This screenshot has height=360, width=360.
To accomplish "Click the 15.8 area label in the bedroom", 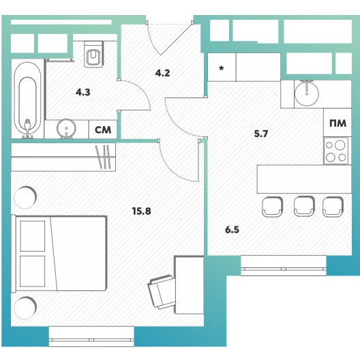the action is [x=141, y=211].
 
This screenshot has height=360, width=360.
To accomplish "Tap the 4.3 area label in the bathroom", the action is [x=83, y=92].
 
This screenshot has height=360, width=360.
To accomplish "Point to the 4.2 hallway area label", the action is [x=162, y=73].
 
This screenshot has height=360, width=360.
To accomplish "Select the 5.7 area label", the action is [x=261, y=134].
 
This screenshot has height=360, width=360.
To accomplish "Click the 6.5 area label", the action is [x=232, y=230].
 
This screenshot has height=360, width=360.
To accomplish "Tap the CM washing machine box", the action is [x=103, y=130].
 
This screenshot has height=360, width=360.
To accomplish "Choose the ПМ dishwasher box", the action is [x=337, y=123].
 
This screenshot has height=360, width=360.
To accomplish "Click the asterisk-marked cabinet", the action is [x=222, y=67].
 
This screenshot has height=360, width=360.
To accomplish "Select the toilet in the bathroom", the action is [x=93, y=54].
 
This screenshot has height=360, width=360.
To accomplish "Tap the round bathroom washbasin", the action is [x=66, y=128].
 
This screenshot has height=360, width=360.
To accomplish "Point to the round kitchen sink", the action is [x=307, y=93].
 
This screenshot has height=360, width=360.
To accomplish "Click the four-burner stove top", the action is [x=336, y=151].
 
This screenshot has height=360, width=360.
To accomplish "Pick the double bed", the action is [x=59, y=254].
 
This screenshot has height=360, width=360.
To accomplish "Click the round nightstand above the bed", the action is [x=25, y=197].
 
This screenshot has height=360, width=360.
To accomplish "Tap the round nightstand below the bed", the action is [x=25, y=307].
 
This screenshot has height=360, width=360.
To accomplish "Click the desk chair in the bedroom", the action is [x=162, y=292].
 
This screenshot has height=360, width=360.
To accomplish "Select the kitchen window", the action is [x=284, y=265].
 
